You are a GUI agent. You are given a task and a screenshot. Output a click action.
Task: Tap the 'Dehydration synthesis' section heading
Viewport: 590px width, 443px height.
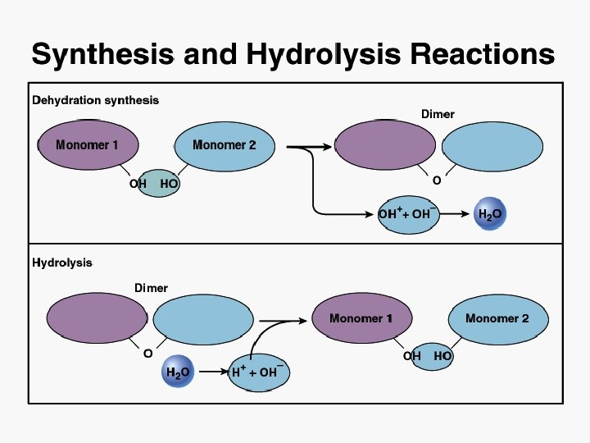click(x=95, y=101)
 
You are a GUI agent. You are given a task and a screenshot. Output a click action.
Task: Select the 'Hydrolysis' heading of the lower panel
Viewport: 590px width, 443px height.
click(x=62, y=263)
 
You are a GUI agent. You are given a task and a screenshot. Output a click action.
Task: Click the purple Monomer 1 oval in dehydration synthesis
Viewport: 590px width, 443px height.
click(x=87, y=145)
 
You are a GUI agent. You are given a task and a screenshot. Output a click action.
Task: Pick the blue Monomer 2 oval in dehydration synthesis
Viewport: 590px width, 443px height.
click(x=224, y=145)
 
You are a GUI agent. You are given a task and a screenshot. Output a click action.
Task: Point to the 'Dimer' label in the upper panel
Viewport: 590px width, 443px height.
click(x=438, y=114)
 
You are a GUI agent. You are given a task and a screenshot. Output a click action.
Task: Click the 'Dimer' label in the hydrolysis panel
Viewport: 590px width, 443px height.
click(x=151, y=288)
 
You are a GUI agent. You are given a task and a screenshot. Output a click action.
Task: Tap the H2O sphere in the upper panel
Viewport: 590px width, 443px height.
click(x=489, y=214)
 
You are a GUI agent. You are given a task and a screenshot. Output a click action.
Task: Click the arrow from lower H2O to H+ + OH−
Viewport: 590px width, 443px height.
click(x=211, y=372)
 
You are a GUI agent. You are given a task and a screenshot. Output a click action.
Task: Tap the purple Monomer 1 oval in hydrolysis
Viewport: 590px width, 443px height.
click(x=361, y=318)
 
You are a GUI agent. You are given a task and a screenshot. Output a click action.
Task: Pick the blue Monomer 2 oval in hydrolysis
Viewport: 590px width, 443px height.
click(x=497, y=318)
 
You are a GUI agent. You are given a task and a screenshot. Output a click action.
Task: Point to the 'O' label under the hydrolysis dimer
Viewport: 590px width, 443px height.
click(x=147, y=354)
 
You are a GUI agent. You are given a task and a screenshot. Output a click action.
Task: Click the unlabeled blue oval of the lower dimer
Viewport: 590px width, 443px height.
click(x=200, y=318)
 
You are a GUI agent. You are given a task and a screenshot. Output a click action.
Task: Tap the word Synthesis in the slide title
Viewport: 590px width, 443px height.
click(x=102, y=55)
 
